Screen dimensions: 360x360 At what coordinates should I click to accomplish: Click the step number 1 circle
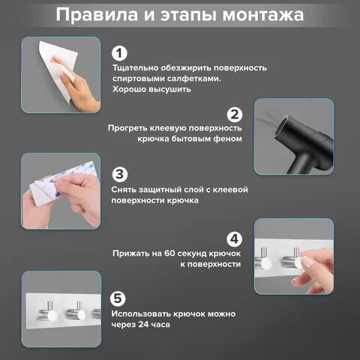119,53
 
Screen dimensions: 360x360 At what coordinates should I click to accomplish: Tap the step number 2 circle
235,115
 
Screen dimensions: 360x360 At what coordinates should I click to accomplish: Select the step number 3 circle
120,174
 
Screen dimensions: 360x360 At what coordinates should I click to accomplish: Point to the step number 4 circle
235,238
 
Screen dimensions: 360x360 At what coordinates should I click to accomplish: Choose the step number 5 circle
118,298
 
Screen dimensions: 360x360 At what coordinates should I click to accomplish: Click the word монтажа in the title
263,15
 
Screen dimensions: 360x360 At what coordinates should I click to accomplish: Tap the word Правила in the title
97,15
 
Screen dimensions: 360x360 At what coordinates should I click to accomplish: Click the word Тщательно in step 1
135,68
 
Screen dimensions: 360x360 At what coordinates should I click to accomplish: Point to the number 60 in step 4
169,253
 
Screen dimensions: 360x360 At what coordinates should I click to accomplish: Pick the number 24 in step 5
143,324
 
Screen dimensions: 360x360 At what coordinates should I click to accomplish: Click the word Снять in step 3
124,190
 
